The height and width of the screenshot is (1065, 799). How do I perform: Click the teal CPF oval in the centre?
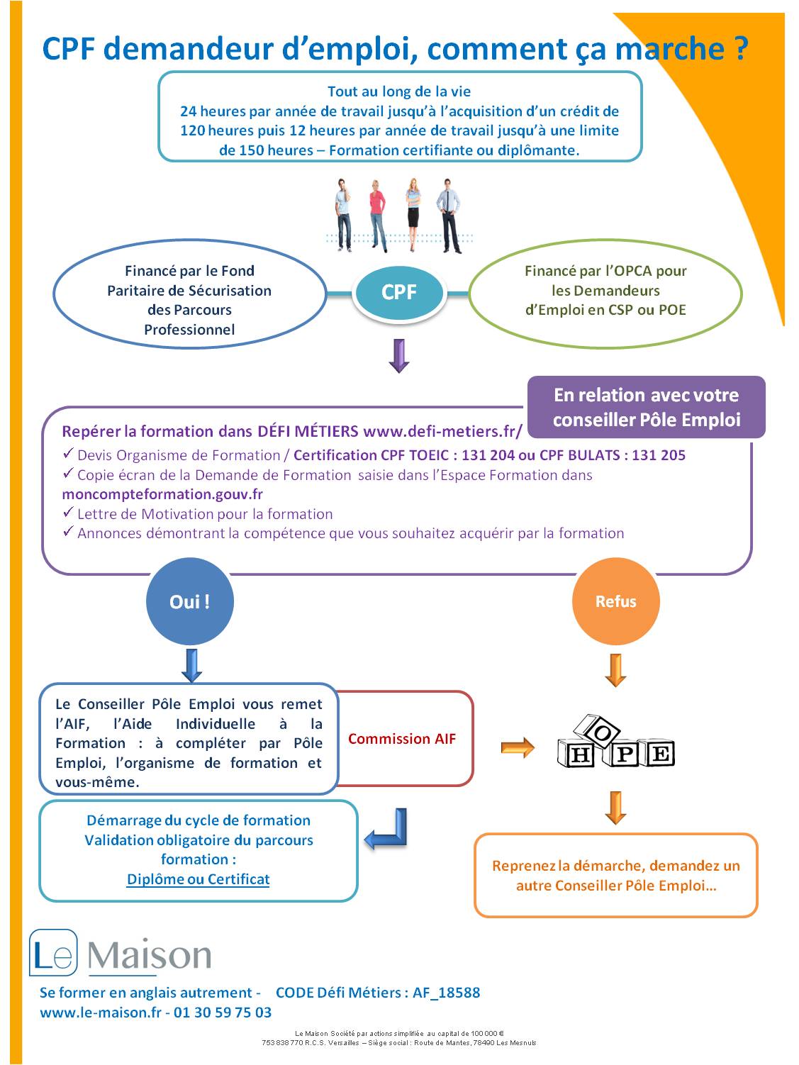[x=398, y=293]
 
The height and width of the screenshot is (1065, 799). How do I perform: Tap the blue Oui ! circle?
[x=190, y=601]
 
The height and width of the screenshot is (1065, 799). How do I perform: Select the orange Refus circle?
[x=615, y=601]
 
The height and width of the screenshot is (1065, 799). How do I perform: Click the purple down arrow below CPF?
[x=398, y=356]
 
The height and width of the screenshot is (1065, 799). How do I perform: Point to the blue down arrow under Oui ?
[x=191, y=665]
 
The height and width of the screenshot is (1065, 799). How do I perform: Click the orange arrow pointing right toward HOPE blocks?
[x=518, y=747]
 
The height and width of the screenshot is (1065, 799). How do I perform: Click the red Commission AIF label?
[x=402, y=738]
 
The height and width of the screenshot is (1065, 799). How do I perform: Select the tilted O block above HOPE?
[x=597, y=731]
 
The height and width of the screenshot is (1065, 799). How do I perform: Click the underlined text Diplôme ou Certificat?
[x=198, y=879]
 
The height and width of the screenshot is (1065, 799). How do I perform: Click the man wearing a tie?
[x=449, y=216]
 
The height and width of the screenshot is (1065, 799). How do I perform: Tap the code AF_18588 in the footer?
[x=446, y=992]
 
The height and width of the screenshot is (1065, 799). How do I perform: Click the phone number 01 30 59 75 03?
[x=222, y=1012]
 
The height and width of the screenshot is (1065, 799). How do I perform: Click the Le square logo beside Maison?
[x=53, y=952]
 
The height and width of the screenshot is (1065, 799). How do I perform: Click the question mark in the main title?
[x=740, y=48]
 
